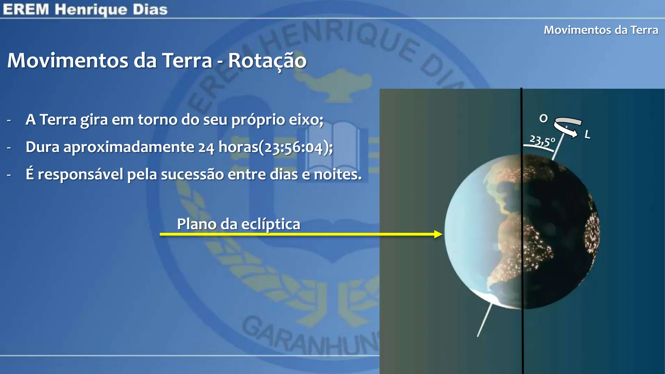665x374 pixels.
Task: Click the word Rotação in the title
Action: pyautogui.click(x=267, y=61)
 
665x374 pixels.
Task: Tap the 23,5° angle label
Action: pyautogui.click(x=542, y=141)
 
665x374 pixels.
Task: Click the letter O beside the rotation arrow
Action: pyautogui.click(x=543, y=118)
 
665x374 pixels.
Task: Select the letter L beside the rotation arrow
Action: pyautogui.click(x=587, y=134)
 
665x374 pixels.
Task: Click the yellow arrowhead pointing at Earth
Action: pyautogui.click(x=438, y=234)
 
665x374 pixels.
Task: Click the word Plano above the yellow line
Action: pyautogui.click(x=196, y=224)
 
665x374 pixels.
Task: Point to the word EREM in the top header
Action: pyautogui.click(x=26, y=9)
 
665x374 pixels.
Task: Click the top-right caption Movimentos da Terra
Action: pyautogui.click(x=601, y=30)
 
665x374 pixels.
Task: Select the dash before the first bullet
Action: pyautogui.click(x=9, y=120)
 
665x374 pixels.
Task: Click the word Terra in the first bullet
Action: pyautogui.click(x=58, y=119)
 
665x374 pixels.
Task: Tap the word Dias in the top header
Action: pyautogui.click(x=150, y=9)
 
